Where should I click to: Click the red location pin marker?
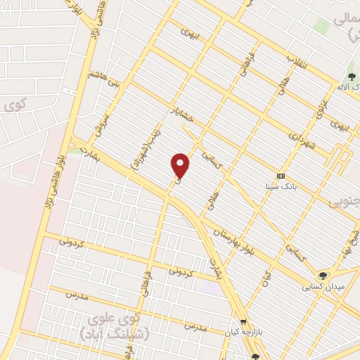click(x=181, y=166)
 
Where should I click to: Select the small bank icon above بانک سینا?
click(x=281, y=176)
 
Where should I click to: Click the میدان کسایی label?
click(x=322, y=287)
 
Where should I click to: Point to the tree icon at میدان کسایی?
click(x=323, y=276)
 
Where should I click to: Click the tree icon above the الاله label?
click(x=351, y=76)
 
